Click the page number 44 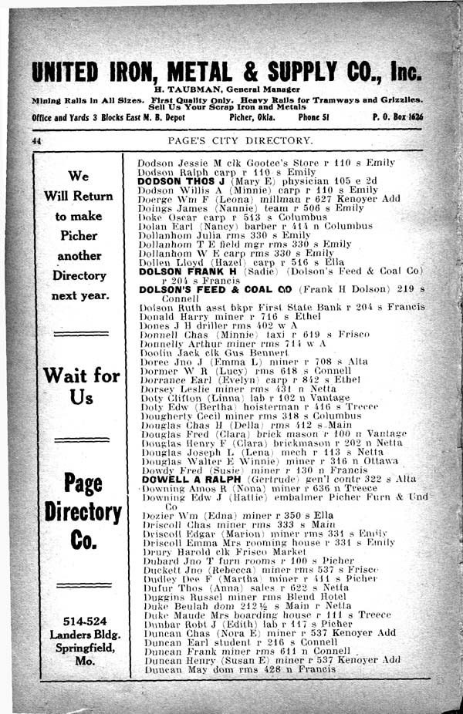point(35,142)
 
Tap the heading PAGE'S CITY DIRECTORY point(241,141)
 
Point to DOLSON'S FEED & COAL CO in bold point(215,290)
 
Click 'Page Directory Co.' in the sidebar point(82,512)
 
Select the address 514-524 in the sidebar point(81,621)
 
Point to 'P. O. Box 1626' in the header point(397,117)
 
